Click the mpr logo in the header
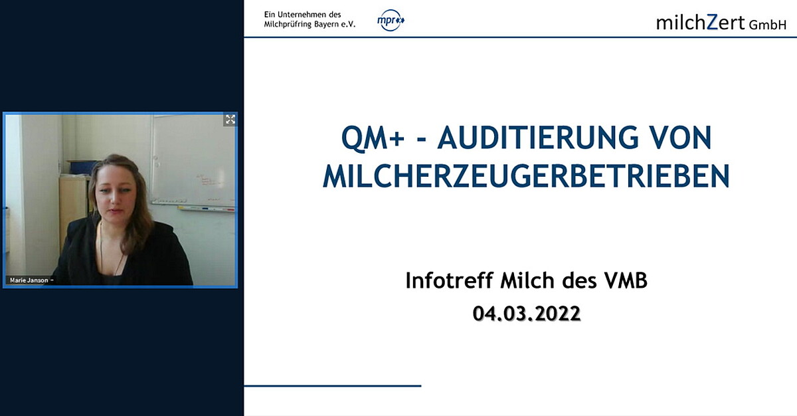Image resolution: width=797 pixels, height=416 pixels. click(391, 21)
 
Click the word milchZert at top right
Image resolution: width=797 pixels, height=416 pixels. click(700, 22)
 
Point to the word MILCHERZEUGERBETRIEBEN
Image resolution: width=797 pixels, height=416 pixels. click(525, 176)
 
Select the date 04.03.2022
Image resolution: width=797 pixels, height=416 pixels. click(527, 313)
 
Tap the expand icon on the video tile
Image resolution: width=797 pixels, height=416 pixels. click(230, 120)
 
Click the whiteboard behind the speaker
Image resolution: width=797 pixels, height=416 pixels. click(192, 159)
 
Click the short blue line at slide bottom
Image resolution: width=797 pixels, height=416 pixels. click(332, 385)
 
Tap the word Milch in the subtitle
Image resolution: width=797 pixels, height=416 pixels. click(522, 281)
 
